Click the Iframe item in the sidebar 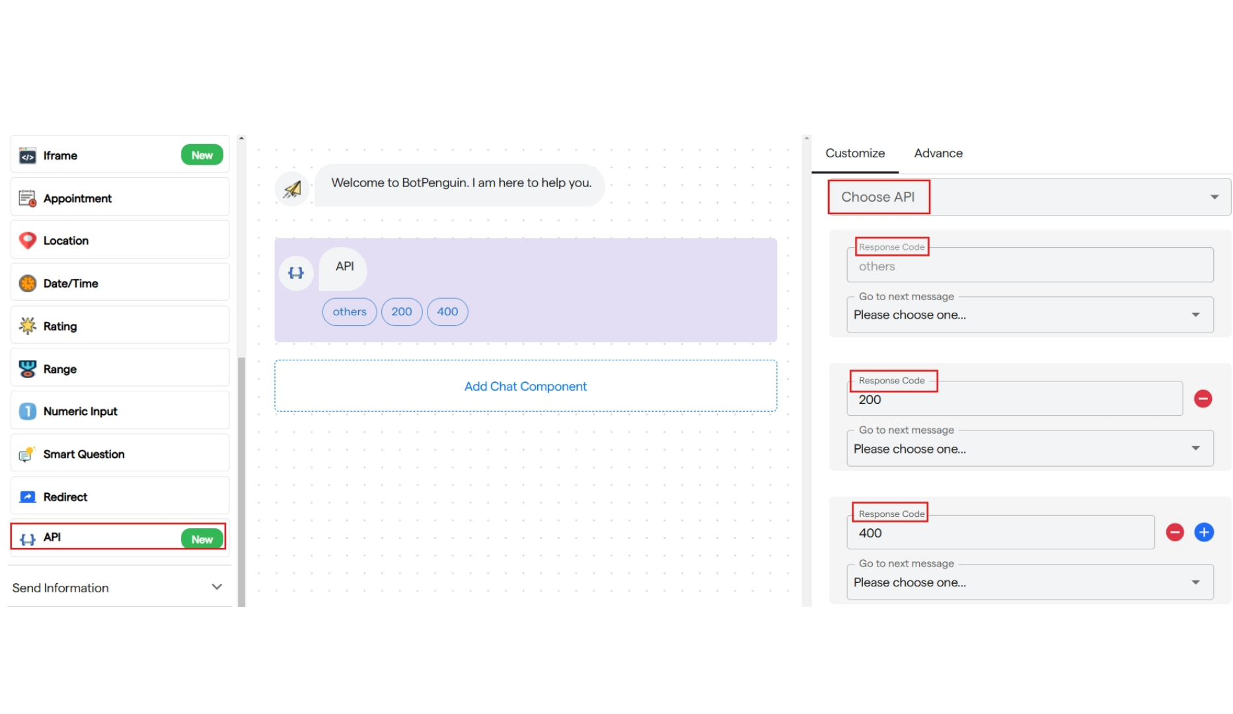click(x=120, y=155)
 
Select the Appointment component click(x=120, y=198)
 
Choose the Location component click(x=120, y=240)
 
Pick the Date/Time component click(x=120, y=283)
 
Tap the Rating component click(x=120, y=325)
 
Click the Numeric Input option click(x=120, y=411)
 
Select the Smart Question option click(x=120, y=454)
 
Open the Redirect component click(x=120, y=496)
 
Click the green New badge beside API click(x=202, y=539)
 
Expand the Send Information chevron click(x=217, y=587)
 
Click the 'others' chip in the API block click(x=350, y=311)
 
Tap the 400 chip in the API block click(x=447, y=311)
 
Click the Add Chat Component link click(x=525, y=386)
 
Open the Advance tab click(x=938, y=153)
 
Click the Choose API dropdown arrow click(x=1214, y=197)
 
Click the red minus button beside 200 click(x=1203, y=399)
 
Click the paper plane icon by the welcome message click(x=292, y=189)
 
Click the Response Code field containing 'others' click(x=1030, y=265)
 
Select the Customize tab click(x=855, y=153)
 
